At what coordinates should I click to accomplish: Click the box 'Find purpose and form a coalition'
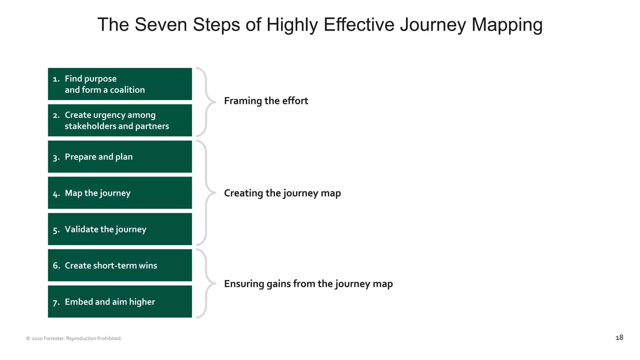pos(120,84)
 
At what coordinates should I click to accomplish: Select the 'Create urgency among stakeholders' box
pos(120,120)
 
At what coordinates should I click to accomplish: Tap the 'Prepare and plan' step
pos(120,157)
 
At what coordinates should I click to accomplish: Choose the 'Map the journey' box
pos(120,193)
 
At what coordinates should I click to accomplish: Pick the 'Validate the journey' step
pos(120,229)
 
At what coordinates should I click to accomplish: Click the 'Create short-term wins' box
pos(120,265)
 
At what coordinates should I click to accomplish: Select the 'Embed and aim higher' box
pos(120,302)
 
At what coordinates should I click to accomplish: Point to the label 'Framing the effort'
pos(266,101)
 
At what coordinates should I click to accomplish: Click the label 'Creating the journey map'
pos(282,193)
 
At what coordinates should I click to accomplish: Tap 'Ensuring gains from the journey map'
pos(308,284)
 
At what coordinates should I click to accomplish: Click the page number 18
pos(619,337)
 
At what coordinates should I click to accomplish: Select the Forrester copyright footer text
pos(74,338)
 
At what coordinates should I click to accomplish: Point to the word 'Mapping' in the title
pos(507,25)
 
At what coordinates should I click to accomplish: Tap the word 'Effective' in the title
pos(359,25)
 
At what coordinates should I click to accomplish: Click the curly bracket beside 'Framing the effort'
pos(206,102)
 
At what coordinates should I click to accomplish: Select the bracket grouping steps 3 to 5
pos(206,193)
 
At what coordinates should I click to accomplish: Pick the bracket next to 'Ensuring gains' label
pos(206,283)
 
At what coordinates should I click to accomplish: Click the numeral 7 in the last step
pos(55,302)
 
